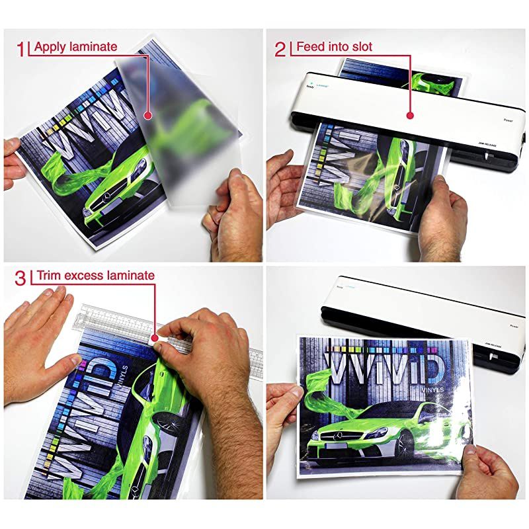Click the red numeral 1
pos(21,47)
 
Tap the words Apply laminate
pos(75,46)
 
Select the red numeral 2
pos(280,47)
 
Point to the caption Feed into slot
pos(334,46)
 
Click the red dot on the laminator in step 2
pos(410,116)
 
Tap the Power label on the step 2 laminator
pos(508,120)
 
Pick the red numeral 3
pos(21,276)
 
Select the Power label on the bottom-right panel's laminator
pos(514,325)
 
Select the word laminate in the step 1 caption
pos(96,46)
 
